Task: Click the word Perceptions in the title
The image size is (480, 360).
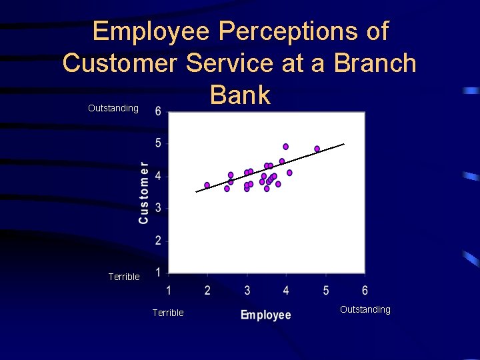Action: [x=303, y=31]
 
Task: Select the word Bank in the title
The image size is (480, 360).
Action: [x=240, y=95]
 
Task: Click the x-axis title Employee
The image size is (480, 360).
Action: [x=265, y=315]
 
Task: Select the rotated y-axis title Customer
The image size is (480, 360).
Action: [x=143, y=193]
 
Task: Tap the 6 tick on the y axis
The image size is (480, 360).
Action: [x=158, y=111]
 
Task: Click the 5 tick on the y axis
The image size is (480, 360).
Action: [x=158, y=143]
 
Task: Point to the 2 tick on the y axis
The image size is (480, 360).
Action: [x=158, y=240]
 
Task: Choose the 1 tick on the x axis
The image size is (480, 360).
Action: [x=168, y=291]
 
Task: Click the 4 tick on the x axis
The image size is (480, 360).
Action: [x=286, y=291]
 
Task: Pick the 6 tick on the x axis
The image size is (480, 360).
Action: [x=365, y=291]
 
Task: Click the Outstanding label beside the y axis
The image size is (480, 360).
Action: [x=113, y=108]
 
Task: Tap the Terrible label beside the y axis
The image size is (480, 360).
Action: [x=124, y=277]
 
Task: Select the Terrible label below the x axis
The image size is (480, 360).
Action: [x=168, y=313]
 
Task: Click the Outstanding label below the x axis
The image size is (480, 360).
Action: [x=365, y=309]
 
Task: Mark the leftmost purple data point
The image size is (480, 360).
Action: [x=207, y=185]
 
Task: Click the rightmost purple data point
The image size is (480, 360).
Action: [x=317, y=149]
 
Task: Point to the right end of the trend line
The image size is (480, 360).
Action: [x=344, y=143]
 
